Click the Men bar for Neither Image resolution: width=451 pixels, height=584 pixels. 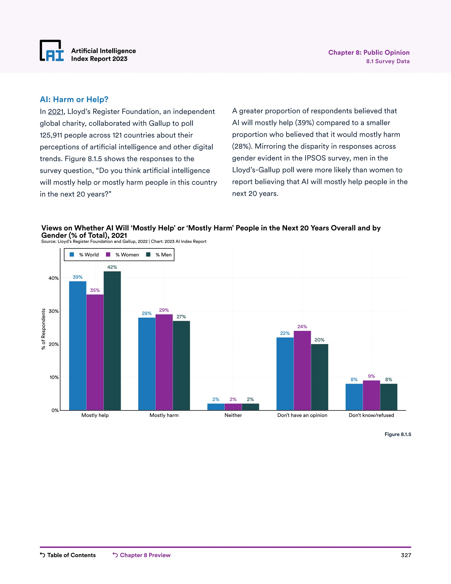250,407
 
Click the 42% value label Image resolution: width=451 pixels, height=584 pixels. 112,267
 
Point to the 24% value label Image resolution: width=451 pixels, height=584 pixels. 302,327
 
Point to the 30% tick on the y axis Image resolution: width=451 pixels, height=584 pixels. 54,311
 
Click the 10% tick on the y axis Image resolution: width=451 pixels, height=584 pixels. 54,377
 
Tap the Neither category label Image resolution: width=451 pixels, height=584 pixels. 233,415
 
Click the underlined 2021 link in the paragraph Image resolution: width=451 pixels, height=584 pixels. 55,112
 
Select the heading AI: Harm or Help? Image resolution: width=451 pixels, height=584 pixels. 74,99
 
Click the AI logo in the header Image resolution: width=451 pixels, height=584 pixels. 52,51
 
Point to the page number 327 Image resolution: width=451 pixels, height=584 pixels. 406,555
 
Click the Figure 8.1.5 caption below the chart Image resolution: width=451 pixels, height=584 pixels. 397,434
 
